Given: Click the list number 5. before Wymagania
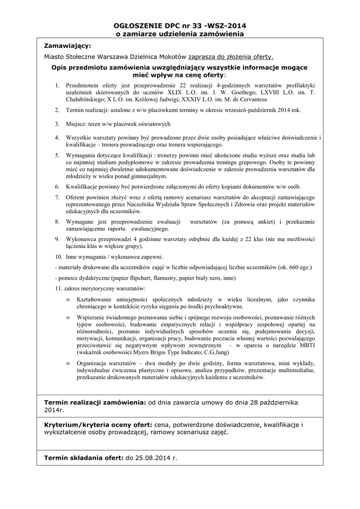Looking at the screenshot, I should (x=57, y=156).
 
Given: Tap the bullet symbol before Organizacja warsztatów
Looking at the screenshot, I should (x=68, y=363).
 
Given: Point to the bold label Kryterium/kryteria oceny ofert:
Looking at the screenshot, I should (x=98, y=425).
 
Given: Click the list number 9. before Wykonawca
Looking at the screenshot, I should (x=57, y=239).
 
